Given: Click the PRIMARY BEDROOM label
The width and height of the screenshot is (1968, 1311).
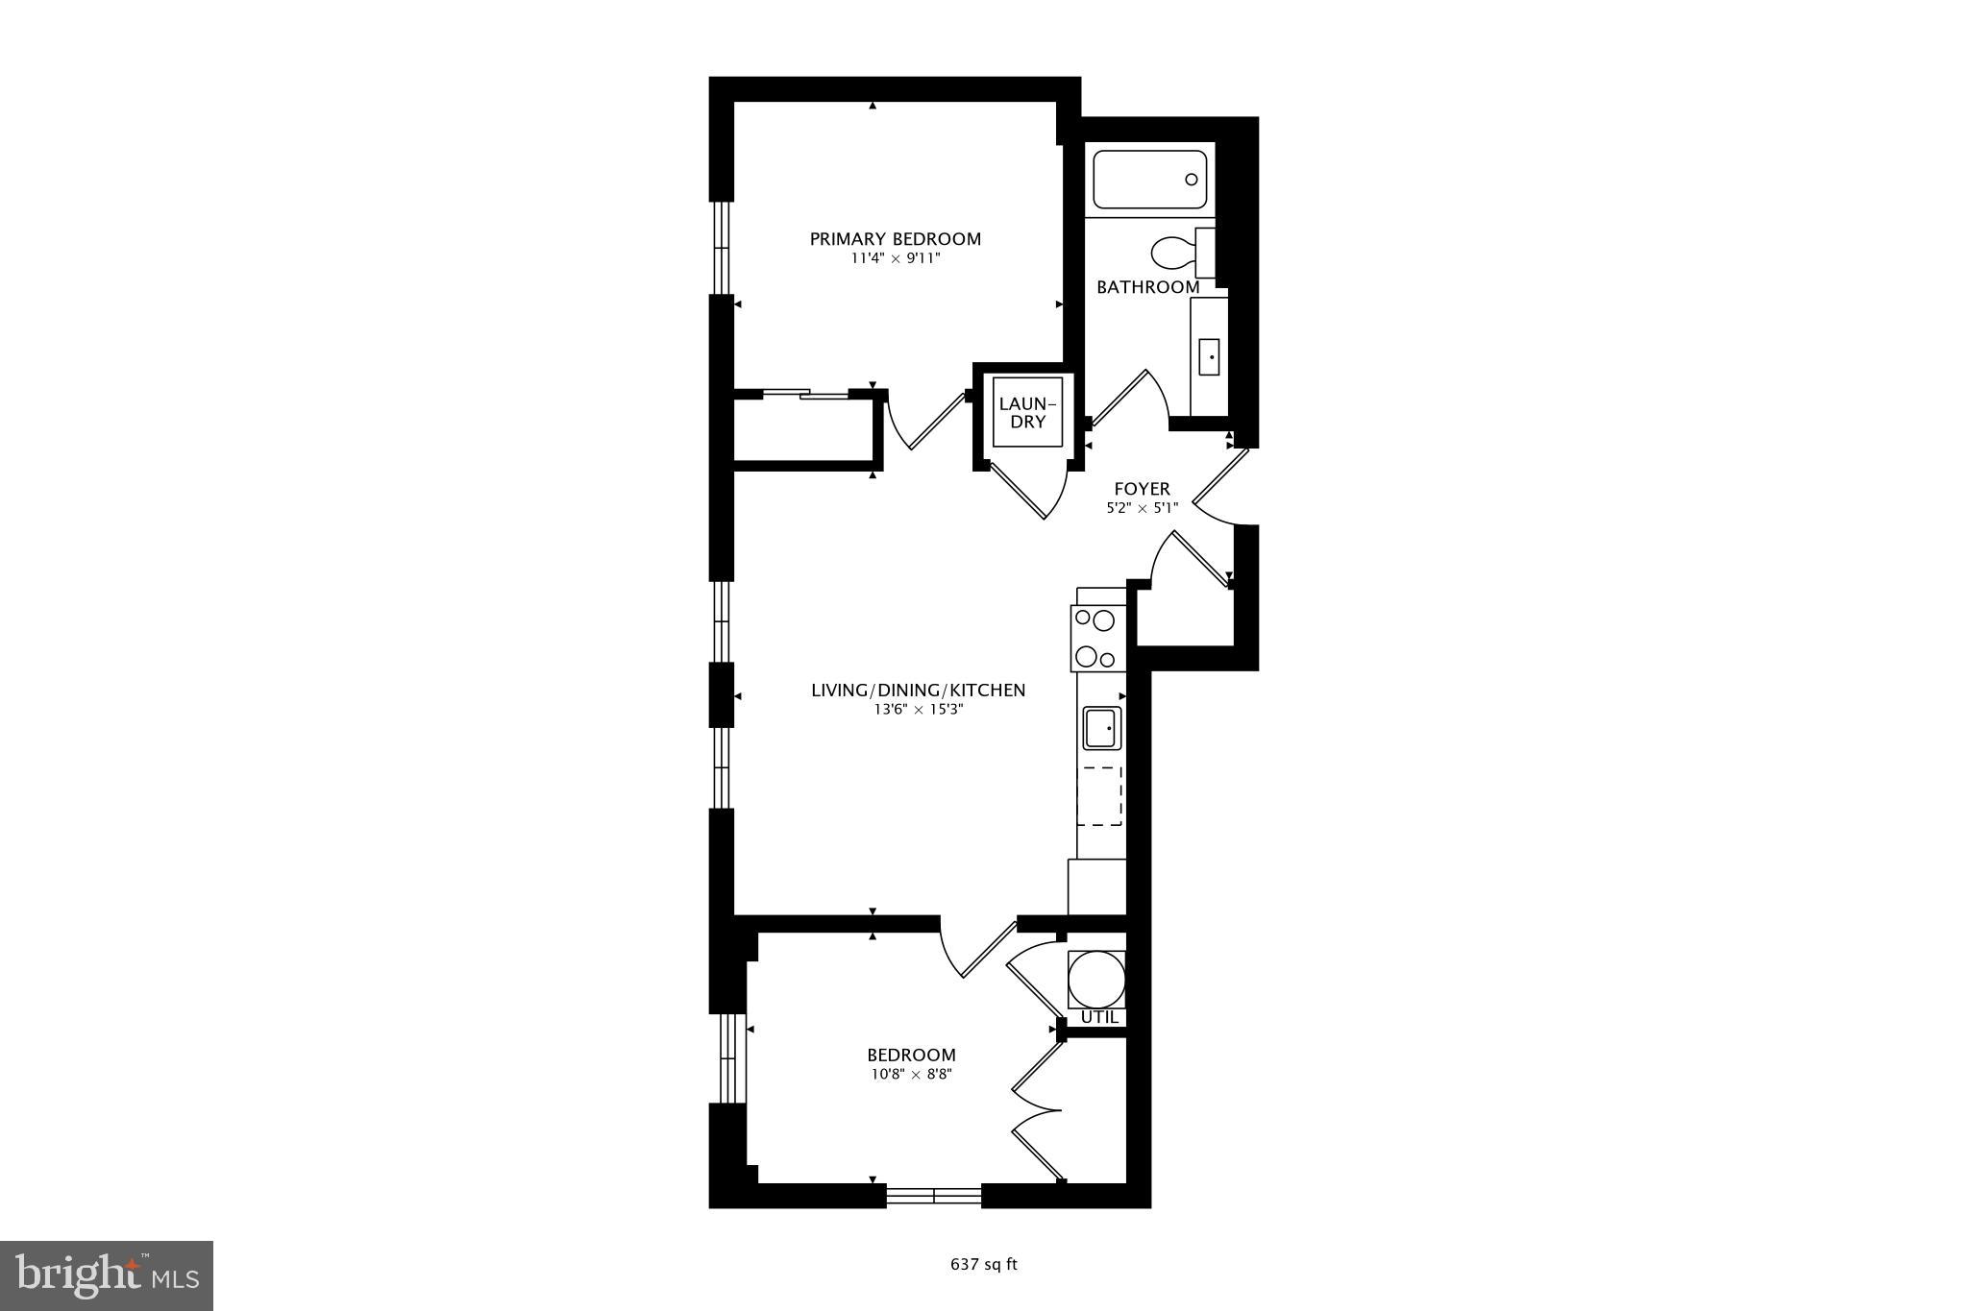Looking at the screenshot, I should coord(895,239).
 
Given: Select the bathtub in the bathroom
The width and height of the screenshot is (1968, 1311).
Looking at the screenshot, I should coord(1149,180).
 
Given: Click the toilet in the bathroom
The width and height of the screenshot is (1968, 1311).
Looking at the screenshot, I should coord(1172,254).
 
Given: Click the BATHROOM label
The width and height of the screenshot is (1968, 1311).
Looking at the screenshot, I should coord(1147,287).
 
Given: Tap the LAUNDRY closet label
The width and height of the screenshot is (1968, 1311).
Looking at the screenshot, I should coord(1027,413).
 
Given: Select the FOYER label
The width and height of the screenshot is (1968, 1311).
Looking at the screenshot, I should coord(1142,490).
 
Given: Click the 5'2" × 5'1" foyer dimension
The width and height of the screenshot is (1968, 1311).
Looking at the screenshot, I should coord(1142,508).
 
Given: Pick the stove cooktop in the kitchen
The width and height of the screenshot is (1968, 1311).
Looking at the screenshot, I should coord(1097,639).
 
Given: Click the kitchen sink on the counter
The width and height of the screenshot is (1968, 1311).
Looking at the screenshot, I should coord(1102,728).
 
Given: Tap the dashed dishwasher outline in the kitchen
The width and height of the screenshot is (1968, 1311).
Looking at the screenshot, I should coord(1100,796).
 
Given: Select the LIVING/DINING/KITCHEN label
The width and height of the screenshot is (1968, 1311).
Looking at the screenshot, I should coord(918,691).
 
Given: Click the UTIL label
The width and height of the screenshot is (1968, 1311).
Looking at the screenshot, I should coord(1099,1017).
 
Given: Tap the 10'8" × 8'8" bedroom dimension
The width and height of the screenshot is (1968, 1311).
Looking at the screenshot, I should coord(911,1075).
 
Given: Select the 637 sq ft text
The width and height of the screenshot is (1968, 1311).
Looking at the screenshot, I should coord(983,1265).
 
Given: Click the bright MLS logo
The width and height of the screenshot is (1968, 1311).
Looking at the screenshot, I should coord(107,1275).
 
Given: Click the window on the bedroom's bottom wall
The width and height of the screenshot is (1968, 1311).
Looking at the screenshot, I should coord(933,1196).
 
